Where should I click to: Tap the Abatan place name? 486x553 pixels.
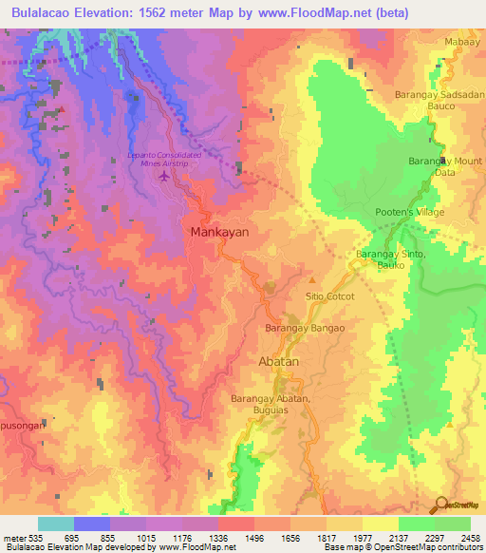(280, 363)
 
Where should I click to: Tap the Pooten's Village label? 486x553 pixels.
(409, 213)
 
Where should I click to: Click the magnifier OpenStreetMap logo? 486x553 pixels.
(441, 505)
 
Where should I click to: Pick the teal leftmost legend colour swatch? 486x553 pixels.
(56, 524)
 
